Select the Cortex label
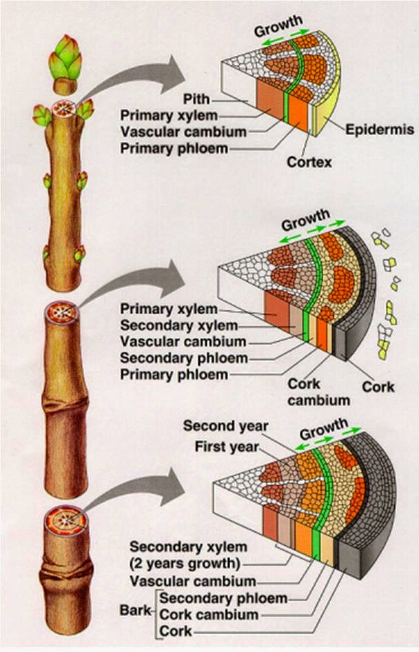coord(309,163)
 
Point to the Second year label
coord(225,426)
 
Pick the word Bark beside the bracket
coord(134,610)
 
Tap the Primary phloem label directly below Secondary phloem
coord(174,374)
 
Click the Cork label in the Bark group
coord(176,631)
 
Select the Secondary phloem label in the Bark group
coord(223,598)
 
